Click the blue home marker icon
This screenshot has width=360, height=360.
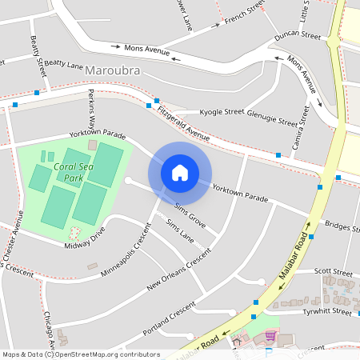click(180, 172)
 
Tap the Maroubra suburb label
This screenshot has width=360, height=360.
click(113, 71)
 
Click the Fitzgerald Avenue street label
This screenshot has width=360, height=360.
click(183, 124)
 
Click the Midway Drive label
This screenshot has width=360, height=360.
click(86, 238)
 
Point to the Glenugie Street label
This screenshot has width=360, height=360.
click(271, 118)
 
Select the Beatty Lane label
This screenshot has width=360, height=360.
click(64, 63)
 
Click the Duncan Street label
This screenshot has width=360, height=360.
click(297, 37)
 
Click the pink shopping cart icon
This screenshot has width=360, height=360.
click(270, 335)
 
